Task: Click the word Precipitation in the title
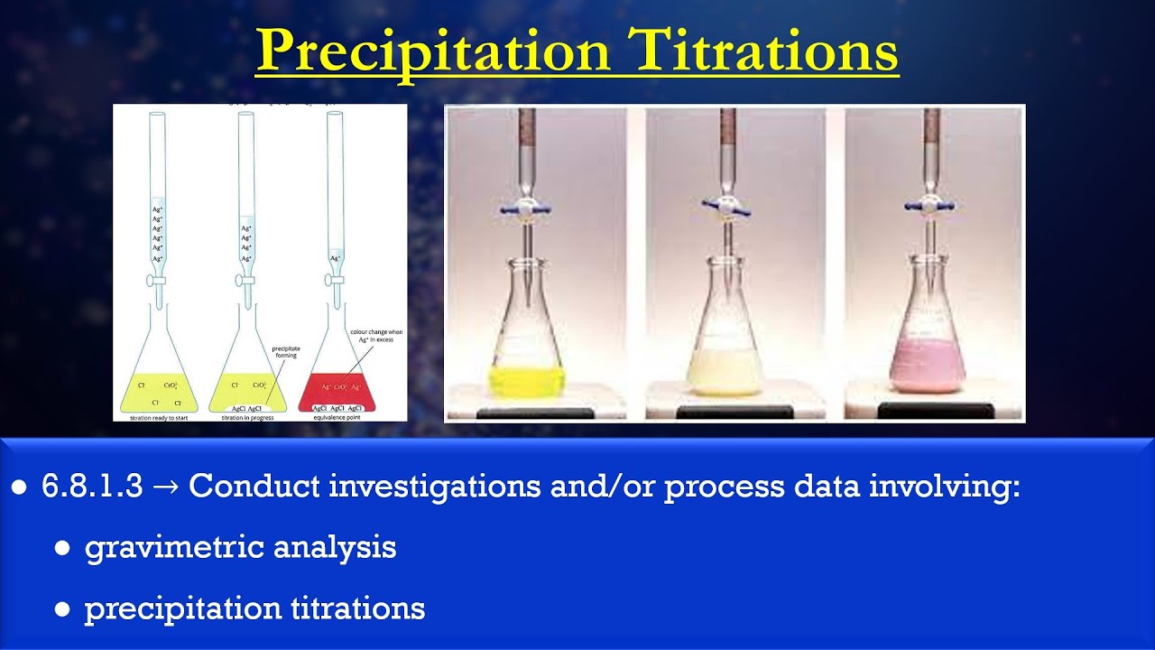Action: tap(433, 51)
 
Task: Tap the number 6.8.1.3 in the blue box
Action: tap(92, 487)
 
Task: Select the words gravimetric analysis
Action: tap(240, 547)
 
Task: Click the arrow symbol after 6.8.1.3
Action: tap(166, 487)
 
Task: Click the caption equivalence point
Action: tap(336, 418)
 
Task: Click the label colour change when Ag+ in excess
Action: tap(376, 336)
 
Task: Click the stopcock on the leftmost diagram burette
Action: tap(159, 279)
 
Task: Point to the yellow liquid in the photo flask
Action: tap(526, 379)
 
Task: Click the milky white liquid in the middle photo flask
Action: tap(725, 372)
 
